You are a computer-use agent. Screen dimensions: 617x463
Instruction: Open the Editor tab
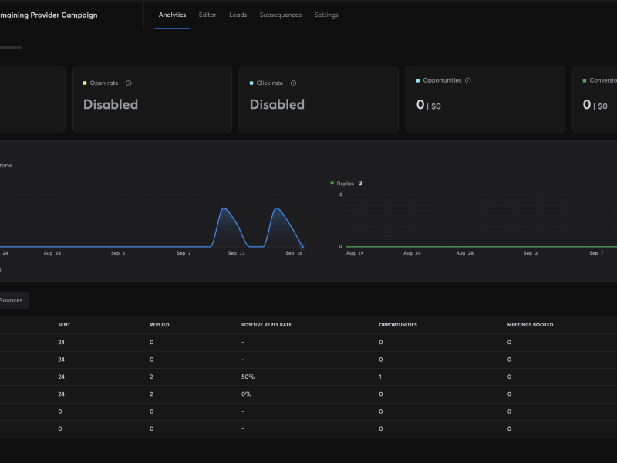pos(207,15)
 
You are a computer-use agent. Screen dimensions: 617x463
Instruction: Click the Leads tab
pos(238,15)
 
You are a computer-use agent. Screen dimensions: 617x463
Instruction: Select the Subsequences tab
pos(281,15)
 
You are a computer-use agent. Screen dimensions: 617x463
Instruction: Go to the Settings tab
pos(326,15)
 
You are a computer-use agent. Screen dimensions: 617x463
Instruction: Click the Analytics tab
pos(172,15)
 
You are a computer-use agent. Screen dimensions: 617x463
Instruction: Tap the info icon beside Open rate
pos(129,83)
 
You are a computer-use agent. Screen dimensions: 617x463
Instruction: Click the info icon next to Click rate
pos(294,83)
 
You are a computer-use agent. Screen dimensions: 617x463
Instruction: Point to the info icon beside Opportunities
pos(468,80)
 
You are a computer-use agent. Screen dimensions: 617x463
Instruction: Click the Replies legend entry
pos(346,184)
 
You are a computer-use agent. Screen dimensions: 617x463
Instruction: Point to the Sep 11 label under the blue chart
pos(237,253)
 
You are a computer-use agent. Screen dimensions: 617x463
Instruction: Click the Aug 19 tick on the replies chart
pos(355,253)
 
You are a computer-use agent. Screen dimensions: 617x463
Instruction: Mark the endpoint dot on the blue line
pos(302,247)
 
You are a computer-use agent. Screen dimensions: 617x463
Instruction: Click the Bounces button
pos(11,300)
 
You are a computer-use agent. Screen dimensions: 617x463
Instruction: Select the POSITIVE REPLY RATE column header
pos(266,325)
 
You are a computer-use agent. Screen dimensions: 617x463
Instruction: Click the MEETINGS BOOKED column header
pos(530,325)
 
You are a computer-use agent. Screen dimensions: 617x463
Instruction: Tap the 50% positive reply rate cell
pos(248,377)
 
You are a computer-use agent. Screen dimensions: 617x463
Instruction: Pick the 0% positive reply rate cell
pos(246,394)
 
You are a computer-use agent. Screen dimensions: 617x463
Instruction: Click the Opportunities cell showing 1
pos(380,377)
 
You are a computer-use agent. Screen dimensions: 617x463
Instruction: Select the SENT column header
pos(64,325)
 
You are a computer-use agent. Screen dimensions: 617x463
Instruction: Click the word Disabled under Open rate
pos(110,104)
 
